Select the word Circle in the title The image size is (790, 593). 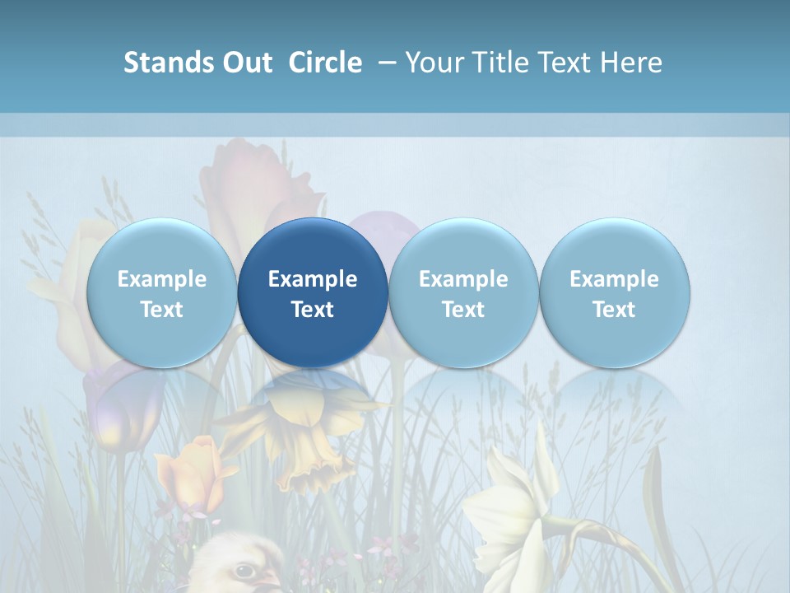[x=325, y=63]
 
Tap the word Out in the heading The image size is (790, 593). [x=245, y=63]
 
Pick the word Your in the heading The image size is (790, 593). [x=434, y=63]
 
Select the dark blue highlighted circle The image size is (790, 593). [x=313, y=292]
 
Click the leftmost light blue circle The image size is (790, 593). [x=161, y=292]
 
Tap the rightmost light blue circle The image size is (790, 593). [x=615, y=292]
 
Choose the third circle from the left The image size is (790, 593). [x=463, y=292]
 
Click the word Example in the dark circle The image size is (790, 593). [x=313, y=279]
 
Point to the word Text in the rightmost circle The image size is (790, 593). [x=615, y=310]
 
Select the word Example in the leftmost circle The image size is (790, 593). [x=161, y=279]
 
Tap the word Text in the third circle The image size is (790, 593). [x=463, y=310]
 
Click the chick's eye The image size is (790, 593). [x=244, y=570]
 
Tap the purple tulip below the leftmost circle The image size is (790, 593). [x=115, y=408]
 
